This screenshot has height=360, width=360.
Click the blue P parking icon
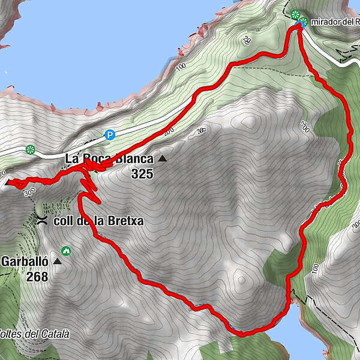click(x=109, y=135)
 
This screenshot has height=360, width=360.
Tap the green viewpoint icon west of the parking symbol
click(x=31, y=149)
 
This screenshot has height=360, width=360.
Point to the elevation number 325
click(x=143, y=175)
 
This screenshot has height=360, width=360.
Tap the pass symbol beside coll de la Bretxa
click(x=43, y=220)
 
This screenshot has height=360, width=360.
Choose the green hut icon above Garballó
click(x=65, y=251)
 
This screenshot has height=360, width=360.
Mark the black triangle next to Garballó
click(x=58, y=262)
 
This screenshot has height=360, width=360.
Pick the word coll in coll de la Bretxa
click(x=62, y=221)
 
